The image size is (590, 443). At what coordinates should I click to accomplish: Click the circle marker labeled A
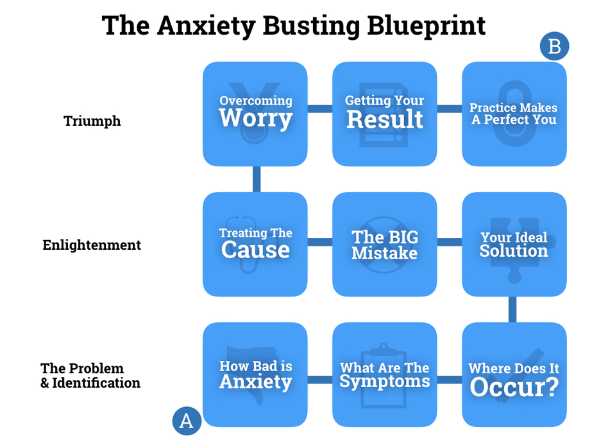coord(187,421)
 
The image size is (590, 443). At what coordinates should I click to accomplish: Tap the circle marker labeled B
coord(554,46)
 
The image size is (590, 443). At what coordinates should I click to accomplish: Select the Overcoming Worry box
coord(255,114)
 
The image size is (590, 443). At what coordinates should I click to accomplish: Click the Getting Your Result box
coord(385,114)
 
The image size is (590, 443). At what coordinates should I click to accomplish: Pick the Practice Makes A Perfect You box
coord(514,114)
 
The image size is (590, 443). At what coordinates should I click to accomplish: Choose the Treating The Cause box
coord(255,244)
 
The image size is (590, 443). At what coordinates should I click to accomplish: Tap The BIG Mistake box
coord(385,244)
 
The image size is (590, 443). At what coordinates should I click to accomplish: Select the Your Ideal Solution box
coord(514,244)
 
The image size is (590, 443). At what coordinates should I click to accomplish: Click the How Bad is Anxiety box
coord(255,374)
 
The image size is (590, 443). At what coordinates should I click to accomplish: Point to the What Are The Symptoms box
coord(385,374)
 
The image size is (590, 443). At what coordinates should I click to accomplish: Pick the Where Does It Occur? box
coord(514,374)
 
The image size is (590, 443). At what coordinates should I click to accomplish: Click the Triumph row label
coord(92,121)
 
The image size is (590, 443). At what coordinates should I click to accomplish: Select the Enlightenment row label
coord(92,245)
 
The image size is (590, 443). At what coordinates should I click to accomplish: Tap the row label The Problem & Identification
coord(90,376)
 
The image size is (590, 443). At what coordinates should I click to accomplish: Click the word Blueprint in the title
coord(426,26)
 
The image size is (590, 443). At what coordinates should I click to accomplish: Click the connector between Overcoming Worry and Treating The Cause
coord(256,179)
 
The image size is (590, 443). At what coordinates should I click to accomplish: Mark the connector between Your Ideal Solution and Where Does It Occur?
coord(513,309)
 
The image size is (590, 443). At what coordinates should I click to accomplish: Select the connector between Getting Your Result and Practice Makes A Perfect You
coord(449,109)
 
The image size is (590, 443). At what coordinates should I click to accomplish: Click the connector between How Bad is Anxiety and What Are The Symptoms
coord(319,379)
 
